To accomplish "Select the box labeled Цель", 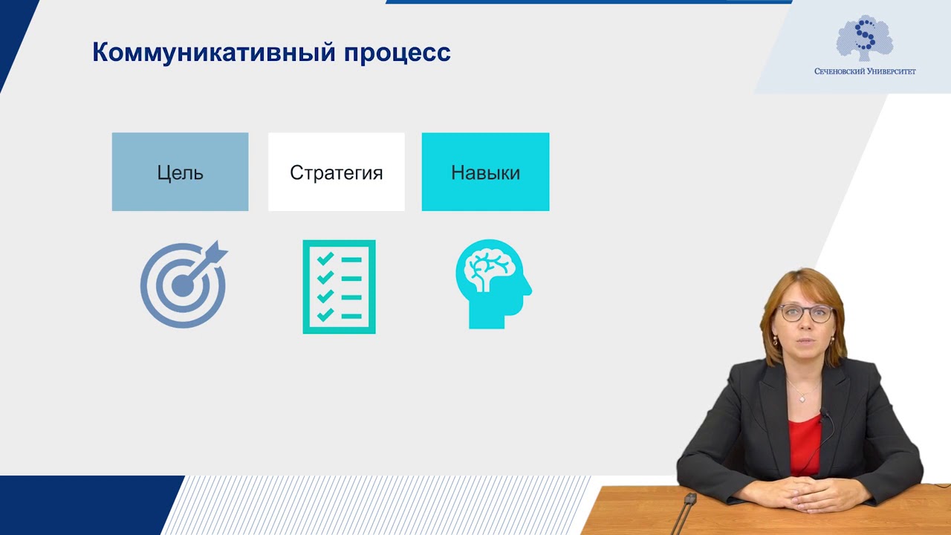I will (x=180, y=172).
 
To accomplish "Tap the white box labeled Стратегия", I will (x=336, y=172).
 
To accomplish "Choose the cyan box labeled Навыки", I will (x=485, y=172).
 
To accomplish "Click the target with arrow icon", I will (x=183, y=285).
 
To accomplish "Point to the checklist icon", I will (x=339, y=287).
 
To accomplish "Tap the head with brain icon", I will (x=492, y=284).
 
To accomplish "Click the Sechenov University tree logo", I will (x=864, y=38).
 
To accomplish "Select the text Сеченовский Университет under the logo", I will (x=865, y=71).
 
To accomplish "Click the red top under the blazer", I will (x=804, y=442).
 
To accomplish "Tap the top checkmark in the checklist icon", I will (x=325, y=259).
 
